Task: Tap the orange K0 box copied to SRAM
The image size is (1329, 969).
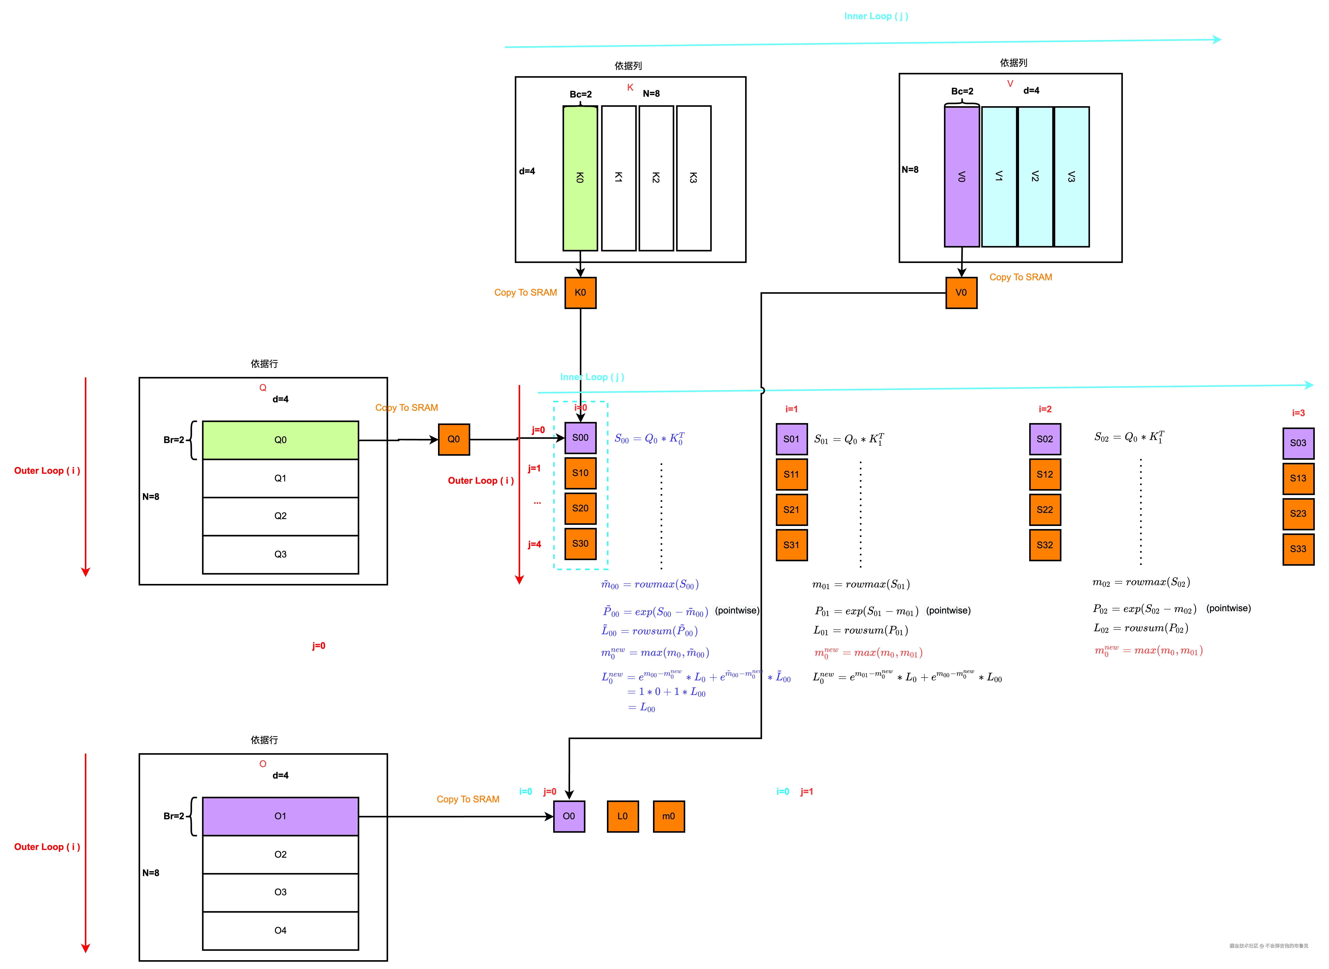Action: point(580,293)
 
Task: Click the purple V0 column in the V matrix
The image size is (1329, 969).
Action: point(961,177)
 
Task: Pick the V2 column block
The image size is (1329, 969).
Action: point(1035,177)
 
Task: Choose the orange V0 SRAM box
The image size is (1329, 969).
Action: point(961,293)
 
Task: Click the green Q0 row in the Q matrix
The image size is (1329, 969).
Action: point(280,440)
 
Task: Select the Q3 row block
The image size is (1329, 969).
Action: point(280,554)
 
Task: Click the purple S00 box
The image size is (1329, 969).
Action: point(580,438)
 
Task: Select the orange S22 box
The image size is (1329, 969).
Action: point(1045,510)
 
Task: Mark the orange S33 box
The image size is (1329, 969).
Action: point(1298,549)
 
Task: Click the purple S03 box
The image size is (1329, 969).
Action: point(1298,443)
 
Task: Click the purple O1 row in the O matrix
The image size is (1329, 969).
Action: point(280,816)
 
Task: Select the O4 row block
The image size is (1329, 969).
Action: point(280,930)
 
